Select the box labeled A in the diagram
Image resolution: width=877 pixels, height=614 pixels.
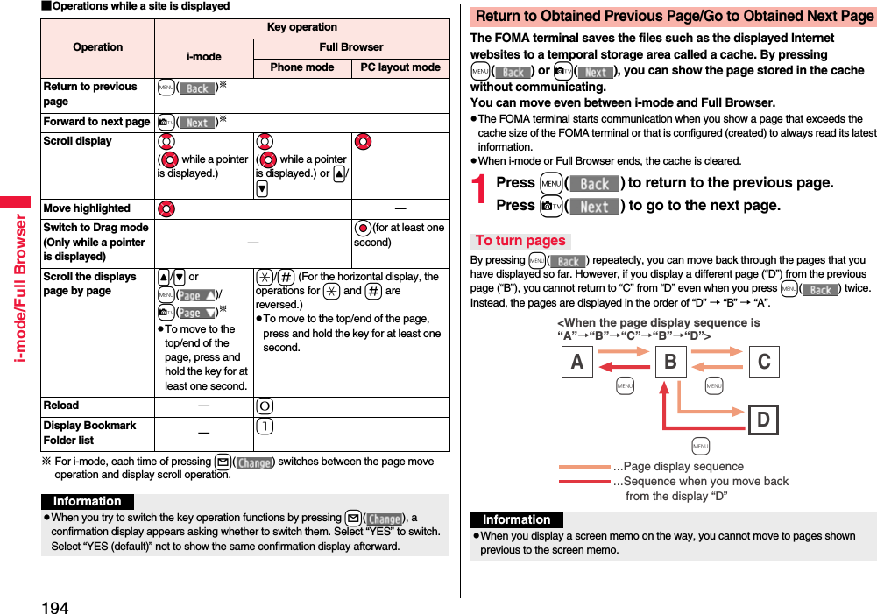[x=576, y=362]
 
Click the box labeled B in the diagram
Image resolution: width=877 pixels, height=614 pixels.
[x=670, y=362]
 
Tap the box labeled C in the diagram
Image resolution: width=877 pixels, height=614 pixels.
[x=763, y=362]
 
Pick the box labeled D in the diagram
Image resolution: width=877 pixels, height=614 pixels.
[x=763, y=420]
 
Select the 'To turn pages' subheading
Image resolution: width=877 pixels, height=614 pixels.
[x=520, y=241]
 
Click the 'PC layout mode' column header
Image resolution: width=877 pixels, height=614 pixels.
[x=400, y=67]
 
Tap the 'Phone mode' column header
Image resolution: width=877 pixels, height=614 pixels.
[x=302, y=67]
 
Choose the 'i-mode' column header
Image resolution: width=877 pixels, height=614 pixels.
[x=204, y=57]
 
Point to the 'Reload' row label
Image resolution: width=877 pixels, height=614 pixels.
[x=61, y=406]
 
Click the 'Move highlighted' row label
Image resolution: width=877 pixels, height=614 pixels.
[x=87, y=208]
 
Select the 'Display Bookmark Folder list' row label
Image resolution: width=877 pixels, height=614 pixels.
[x=89, y=433]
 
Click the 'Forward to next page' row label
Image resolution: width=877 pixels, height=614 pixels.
[x=96, y=122]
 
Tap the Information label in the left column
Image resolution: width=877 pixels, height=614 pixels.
[x=88, y=501]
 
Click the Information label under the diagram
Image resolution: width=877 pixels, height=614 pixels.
[x=516, y=519]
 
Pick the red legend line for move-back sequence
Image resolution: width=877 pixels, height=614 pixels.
[x=584, y=482]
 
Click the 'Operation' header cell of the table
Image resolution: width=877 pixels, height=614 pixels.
[x=98, y=47]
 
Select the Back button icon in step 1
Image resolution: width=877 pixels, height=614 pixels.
[x=595, y=184]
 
